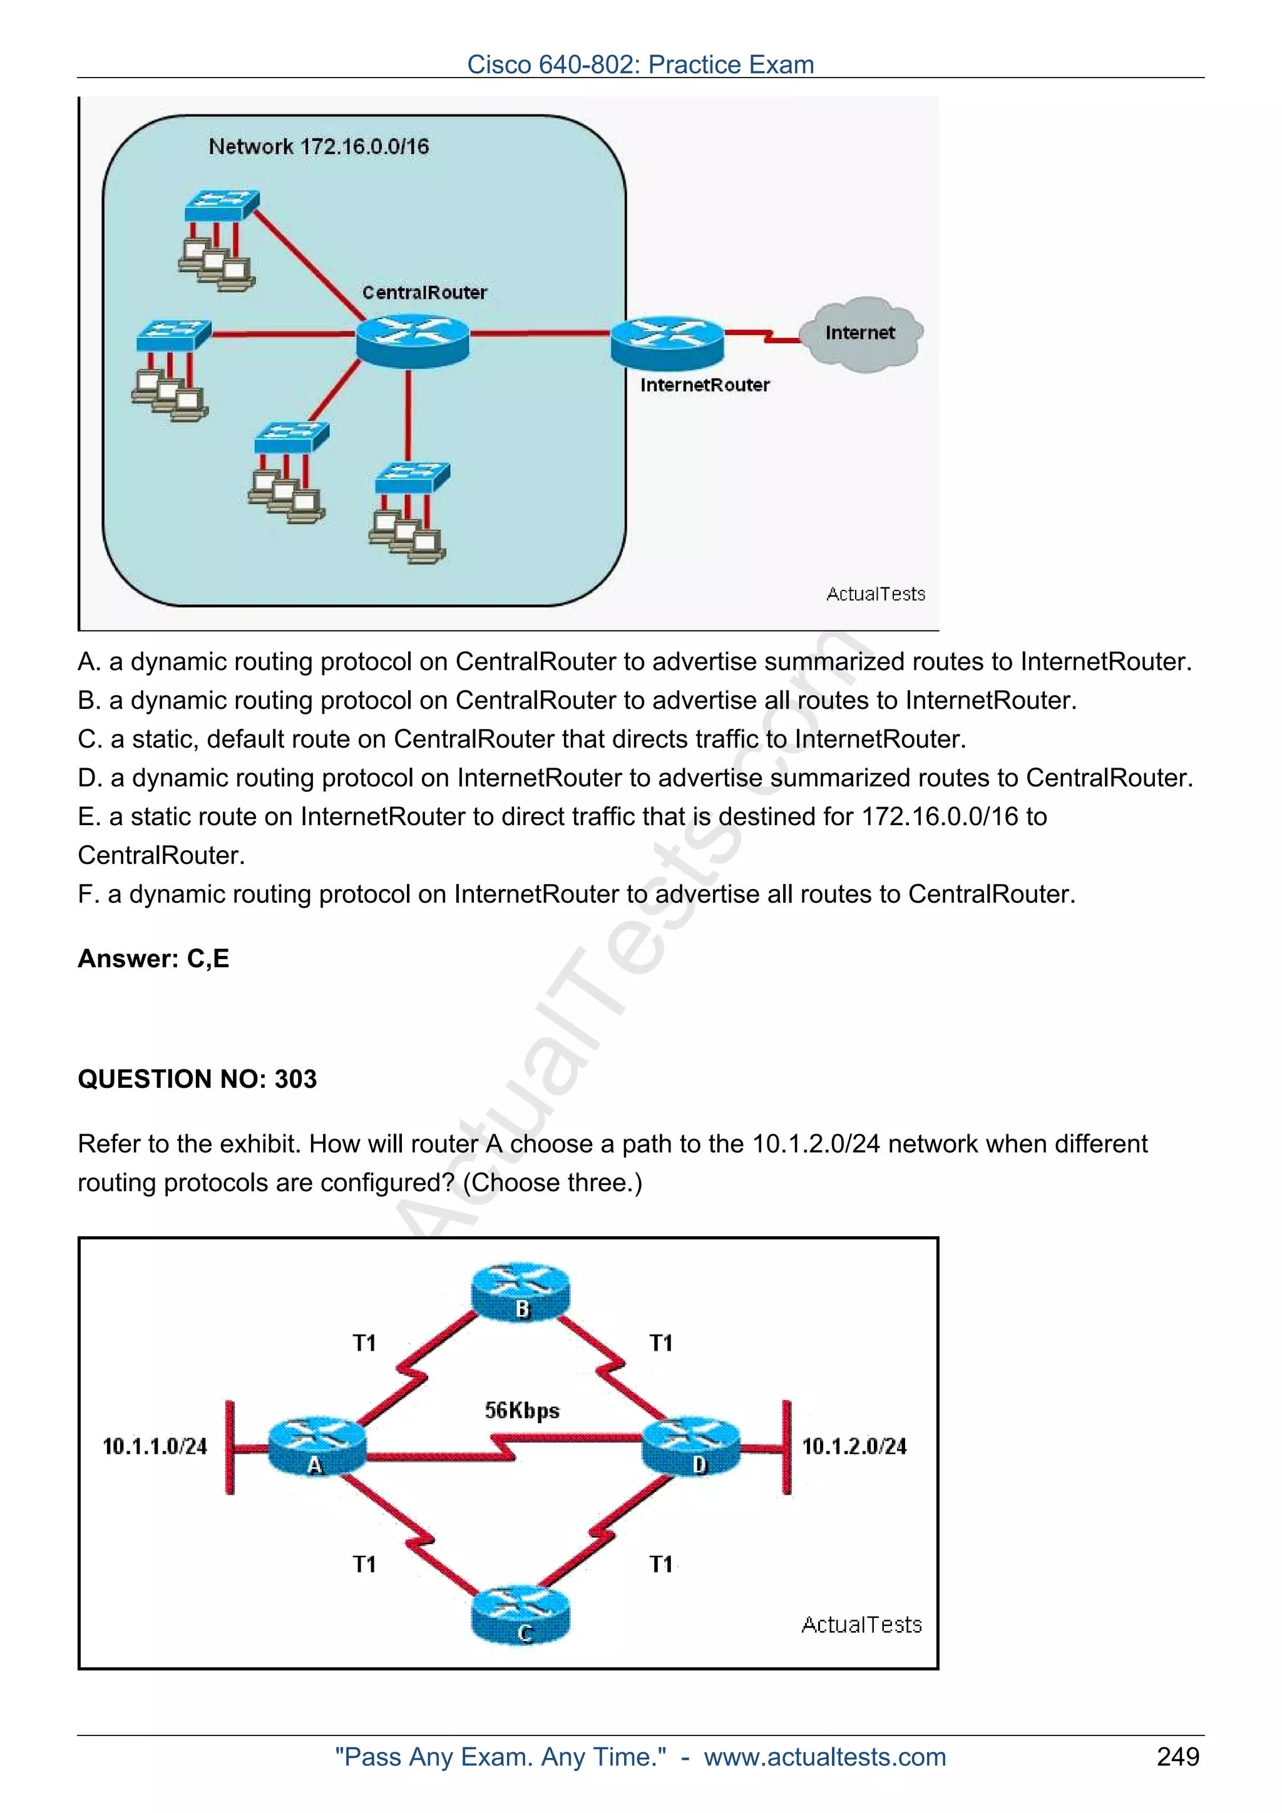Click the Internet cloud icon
click(860, 334)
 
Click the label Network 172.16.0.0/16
click(319, 147)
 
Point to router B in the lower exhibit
click(521, 1292)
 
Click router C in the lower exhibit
click(521, 1614)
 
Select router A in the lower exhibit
click(317, 1446)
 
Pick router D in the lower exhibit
click(692, 1446)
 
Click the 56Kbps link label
click(522, 1410)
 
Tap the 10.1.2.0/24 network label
click(854, 1446)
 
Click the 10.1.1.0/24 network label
click(155, 1446)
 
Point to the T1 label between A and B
click(364, 1343)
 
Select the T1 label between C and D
click(661, 1564)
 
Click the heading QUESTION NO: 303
click(197, 1079)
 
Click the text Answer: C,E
click(154, 958)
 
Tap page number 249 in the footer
click(1177, 1757)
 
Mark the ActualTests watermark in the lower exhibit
click(862, 1625)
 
